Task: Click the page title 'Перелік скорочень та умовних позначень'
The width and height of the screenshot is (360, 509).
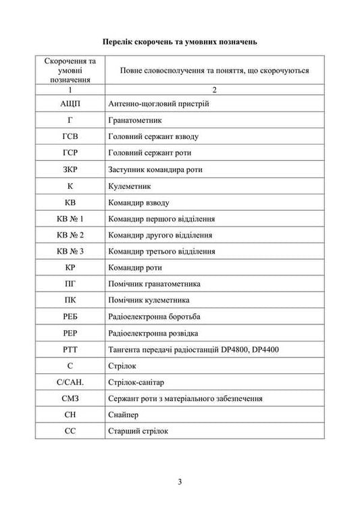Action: [180, 41]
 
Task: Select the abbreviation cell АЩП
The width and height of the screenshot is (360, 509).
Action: [71, 104]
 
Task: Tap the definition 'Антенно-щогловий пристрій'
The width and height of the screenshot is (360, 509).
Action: [159, 104]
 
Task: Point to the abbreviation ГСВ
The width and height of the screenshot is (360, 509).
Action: [71, 137]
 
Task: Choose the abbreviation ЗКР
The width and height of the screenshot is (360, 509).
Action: [71, 169]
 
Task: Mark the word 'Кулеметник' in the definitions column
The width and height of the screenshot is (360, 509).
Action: [129, 186]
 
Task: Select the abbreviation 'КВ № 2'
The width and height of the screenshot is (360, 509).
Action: [71, 235]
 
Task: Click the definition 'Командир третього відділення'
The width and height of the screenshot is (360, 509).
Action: [161, 252]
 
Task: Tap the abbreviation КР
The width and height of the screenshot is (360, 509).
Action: [71, 268]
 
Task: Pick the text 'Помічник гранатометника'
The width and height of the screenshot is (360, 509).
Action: [154, 284]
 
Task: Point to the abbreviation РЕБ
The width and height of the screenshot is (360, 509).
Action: [71, 317]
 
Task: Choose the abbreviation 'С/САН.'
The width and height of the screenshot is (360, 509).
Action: [71, 382]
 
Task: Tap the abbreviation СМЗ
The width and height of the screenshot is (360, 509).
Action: [71, 399]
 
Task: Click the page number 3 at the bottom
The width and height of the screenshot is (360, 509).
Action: [180, 481]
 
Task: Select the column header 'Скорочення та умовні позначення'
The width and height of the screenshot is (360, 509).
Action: [71, 70]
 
